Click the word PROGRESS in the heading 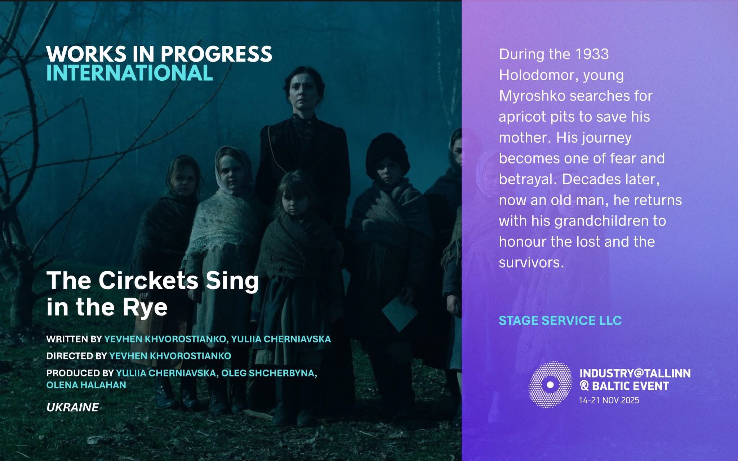[216, 54]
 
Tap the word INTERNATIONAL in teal [129, 73]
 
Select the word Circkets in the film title [148, 281]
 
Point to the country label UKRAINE [72, 407]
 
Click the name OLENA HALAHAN [86, 385]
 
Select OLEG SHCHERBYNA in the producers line [269, 373]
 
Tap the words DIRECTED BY [76, 356]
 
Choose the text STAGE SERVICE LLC [560, 321]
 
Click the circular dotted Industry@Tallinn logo [550, 385]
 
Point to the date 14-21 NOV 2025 [609, 400]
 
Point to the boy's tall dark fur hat [387, 153]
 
